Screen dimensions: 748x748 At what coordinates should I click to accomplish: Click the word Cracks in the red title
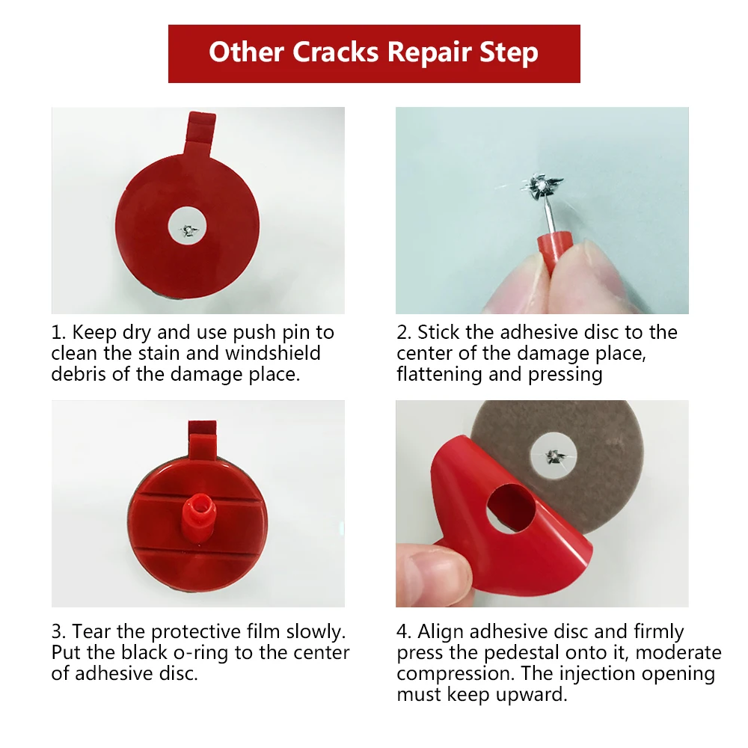point(335,52)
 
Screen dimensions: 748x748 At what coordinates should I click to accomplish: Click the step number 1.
point(57,333)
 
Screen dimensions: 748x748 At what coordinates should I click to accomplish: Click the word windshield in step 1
point(272,353)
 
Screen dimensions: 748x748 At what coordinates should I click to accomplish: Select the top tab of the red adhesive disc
point(200,134)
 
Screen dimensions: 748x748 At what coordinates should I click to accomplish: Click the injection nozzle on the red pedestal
point(198,518)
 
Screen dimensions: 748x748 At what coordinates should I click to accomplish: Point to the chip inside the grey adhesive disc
point(554,456)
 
